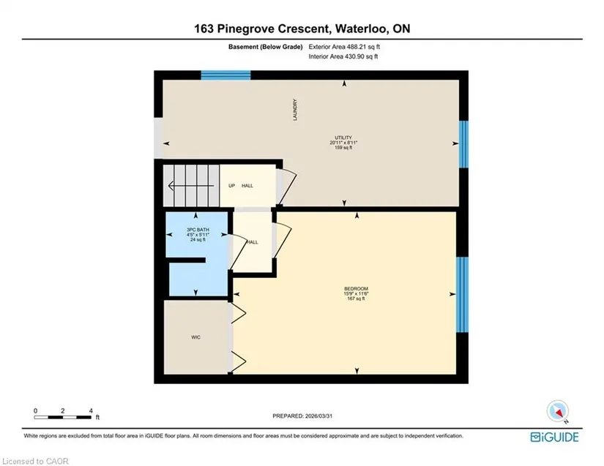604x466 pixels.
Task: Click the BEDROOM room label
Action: point(356,289)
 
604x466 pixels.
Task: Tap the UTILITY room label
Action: point(343,138)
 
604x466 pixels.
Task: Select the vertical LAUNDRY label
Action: point(295,110)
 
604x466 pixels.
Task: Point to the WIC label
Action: point(195,337)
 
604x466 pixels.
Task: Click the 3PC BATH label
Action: point(198,230)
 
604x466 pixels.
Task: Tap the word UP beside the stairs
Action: point(231,186)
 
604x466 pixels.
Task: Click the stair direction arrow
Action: point(191,187)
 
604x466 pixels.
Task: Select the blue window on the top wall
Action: point(225,75)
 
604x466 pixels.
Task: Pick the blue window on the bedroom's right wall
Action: point(462,294)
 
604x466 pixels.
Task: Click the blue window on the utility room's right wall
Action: point(463,144)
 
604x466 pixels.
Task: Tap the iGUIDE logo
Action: point(554,437)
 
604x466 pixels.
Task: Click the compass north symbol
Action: point(558,412)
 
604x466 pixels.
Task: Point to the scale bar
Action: point(63,417)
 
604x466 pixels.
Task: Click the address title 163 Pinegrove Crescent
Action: point(262,29)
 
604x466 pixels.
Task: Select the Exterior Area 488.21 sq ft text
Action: point(344,47)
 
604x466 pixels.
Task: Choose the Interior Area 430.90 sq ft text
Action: point(343,56)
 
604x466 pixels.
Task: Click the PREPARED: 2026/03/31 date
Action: point(302,416)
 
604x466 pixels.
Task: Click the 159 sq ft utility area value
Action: point(343,147)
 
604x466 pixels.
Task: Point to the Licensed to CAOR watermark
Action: point(35,461)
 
